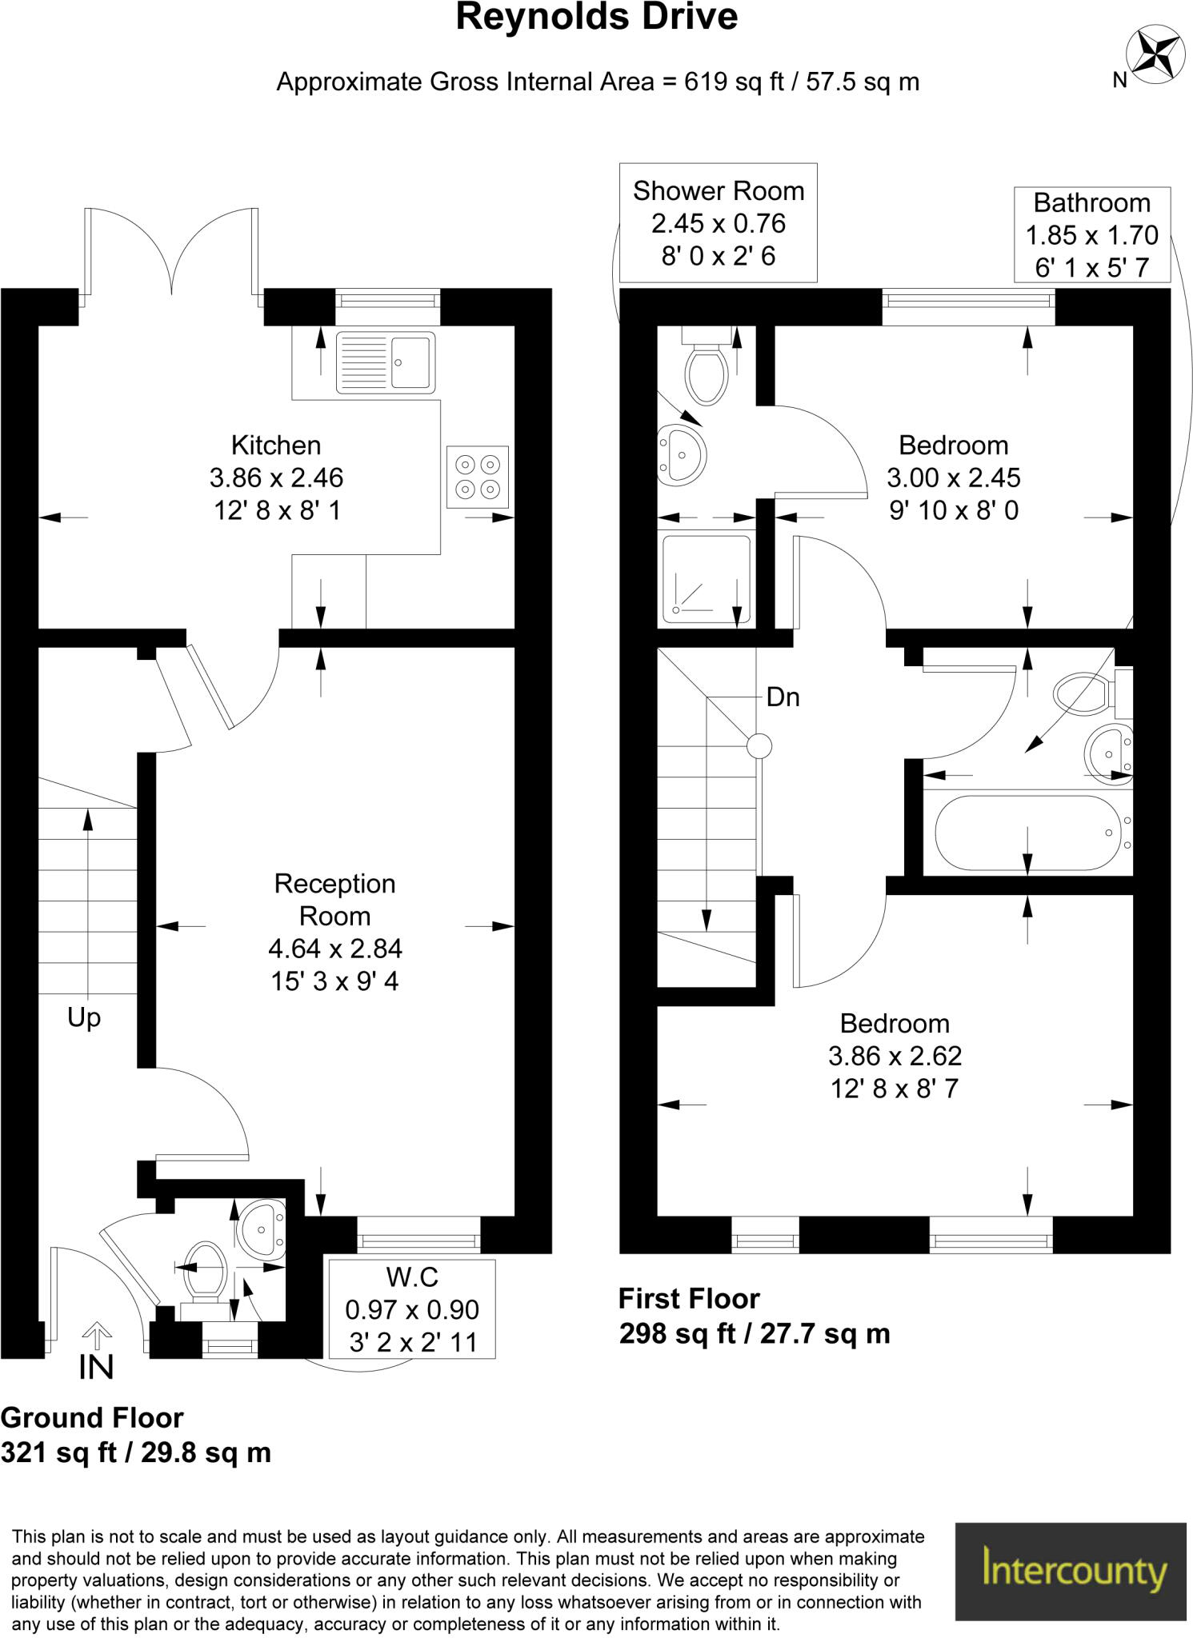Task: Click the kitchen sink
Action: coord(386,362)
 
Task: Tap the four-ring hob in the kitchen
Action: coord(478,476)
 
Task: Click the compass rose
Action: coord(1155,54)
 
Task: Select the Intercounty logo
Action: coord(1071,1570)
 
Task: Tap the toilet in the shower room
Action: coord(706,369)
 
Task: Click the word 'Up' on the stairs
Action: coord(84,1017)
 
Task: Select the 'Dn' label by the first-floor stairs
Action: coord(783,697)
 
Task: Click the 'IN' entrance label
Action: coord(96,1367)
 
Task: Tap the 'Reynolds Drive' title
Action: coord(596,18)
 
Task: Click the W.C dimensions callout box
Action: coord(412,1309)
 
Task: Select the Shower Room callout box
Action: coord(718,223)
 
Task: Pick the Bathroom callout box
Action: coord(1091,234)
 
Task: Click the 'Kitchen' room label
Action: coord(276,445)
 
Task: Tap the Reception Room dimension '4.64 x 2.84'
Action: coord(335,949)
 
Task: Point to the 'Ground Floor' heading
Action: coord(92,1418)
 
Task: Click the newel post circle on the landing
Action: coord(759,746)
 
